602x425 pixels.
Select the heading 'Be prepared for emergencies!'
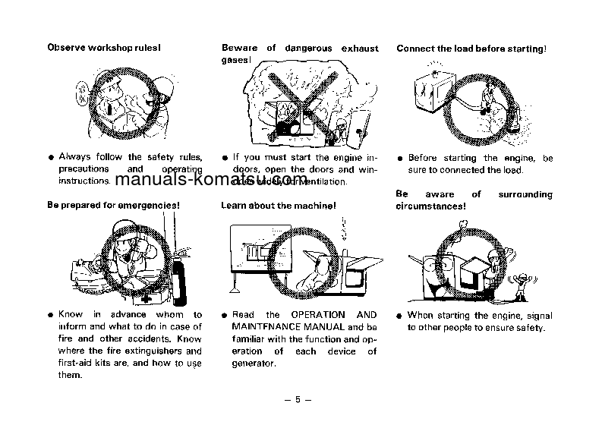point(113,205)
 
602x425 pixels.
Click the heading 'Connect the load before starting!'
point(471,49)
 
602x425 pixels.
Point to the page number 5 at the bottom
point(298,400)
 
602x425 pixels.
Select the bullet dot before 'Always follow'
point(51,158)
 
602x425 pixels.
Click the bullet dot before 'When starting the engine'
point(400,316)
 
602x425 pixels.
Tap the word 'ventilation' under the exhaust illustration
point(321,182)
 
